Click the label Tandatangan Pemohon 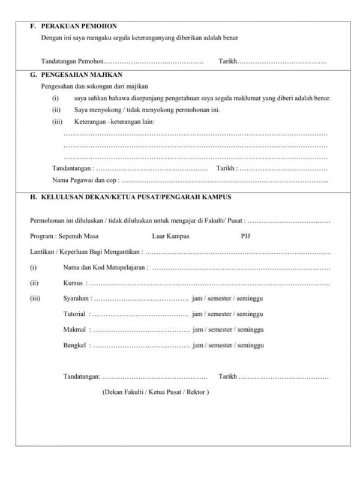(72, 62)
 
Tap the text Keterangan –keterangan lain (114, 122)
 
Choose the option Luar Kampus (171, 236)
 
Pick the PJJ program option (244, 236)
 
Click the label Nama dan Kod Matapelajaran (105, 267)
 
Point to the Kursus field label (73, 283)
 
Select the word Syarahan (76, 298)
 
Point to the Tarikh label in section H (228, 376)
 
